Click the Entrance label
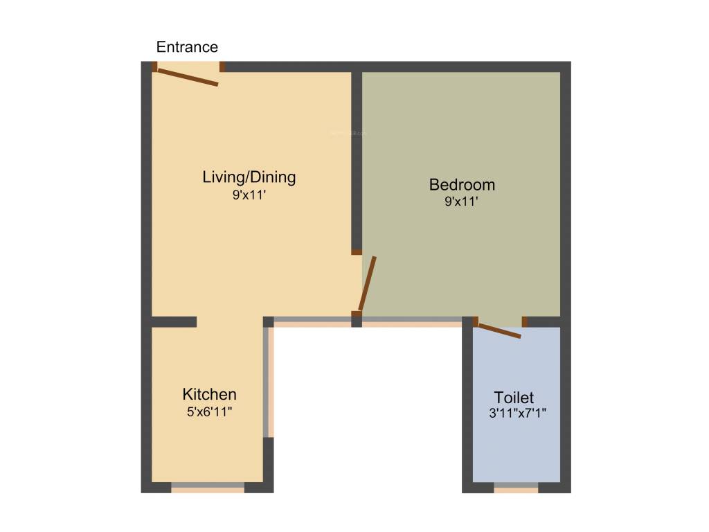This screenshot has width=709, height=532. [187, 47]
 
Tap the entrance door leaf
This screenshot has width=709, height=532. [188, 76]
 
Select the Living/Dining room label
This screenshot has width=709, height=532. [249, 177]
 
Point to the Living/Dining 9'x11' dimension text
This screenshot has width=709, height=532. [249, 196]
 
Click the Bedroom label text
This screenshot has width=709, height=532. [462, 185]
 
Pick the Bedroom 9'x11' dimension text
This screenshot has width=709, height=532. [462, 202]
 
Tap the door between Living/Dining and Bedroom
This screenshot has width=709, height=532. [367, 284]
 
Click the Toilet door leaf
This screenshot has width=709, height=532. [499, 330]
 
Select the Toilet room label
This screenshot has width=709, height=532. [514, 398]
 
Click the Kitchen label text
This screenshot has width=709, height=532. [209, 395]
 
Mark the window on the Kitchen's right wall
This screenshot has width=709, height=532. [269, 382]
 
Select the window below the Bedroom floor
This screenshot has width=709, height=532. [412, 321]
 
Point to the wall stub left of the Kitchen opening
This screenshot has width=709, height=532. [174, 322]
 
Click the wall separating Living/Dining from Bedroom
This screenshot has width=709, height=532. [357, 159]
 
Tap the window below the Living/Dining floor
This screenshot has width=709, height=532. [312, 321]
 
